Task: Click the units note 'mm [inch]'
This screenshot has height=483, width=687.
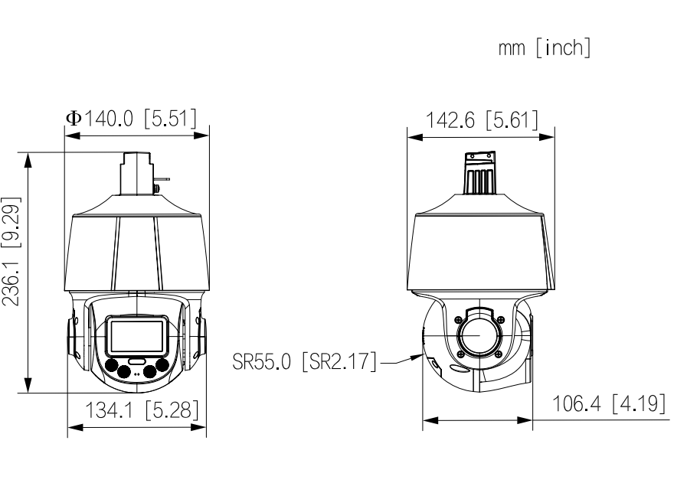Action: pyautogui.click(x=545, y=49)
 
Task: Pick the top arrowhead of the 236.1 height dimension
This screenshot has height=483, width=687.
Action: pyautogui.click(x=28, y=158)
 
